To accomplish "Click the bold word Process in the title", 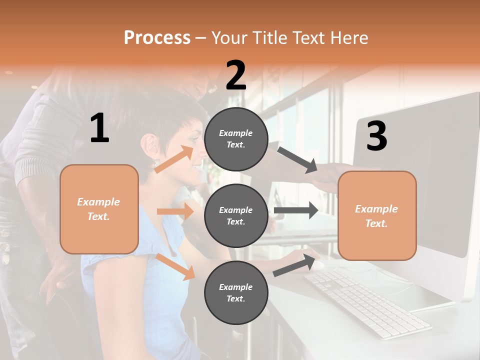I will pyautogui.click(x=157, y=38).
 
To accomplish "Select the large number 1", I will pyautogui.click(x=99, y=128).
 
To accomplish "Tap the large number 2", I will pyautogui.click(x=236, y=75).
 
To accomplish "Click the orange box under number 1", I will pyautogui.click(x=99, y=209).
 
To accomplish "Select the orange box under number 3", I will pyautogui.click(x=377, y=215).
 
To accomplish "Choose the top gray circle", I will pyautogui.click(x=236, y=139).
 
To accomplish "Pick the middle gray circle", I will pyautogui.click(x=236, y=215).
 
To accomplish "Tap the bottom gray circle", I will pyautogui.click(x=236, y=292).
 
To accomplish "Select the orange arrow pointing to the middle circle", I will pyautogui.click(x=175, y=211).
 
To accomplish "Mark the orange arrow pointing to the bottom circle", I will pyautogui.click(x=175, y=266).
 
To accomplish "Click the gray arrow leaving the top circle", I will pyautogui.click(x=297, y=160).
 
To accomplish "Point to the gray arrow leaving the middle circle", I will pyautogui.click(x=296, y=210).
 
